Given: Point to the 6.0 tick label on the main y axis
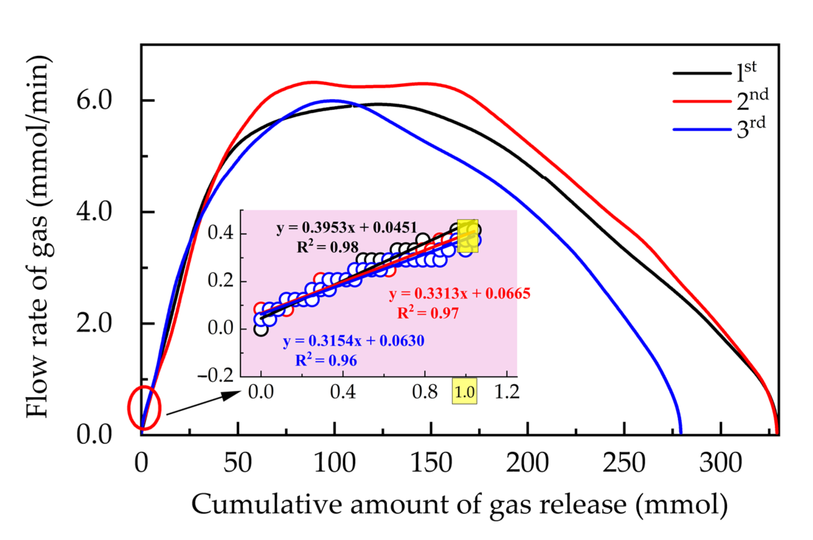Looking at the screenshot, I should (x=94, y=100).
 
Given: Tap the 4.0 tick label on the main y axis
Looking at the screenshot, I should (x=94, y=211).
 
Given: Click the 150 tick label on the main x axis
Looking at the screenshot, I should (x=431, y=463).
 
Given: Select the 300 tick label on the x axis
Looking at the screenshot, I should (x=720, y=463).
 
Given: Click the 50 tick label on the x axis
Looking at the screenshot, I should (x=238, y=463).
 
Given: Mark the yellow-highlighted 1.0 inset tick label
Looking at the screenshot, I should (x=465, y=392).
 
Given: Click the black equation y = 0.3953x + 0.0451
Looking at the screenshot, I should (x=347, y=228).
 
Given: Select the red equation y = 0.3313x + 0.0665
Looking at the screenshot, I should (x=460, y=293).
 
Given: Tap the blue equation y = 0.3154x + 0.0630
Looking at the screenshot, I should (x=354, y=341).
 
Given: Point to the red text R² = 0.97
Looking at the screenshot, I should (x=428, y=313).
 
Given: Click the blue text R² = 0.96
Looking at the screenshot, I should (x=326, y=360).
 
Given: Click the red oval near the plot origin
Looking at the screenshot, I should (x=144, y=408).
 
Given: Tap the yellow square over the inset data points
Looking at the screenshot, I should (x=468, y=236).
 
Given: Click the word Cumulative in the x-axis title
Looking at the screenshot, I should (x=266, y=505).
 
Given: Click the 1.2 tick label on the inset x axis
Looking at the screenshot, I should (x=506, y=392).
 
